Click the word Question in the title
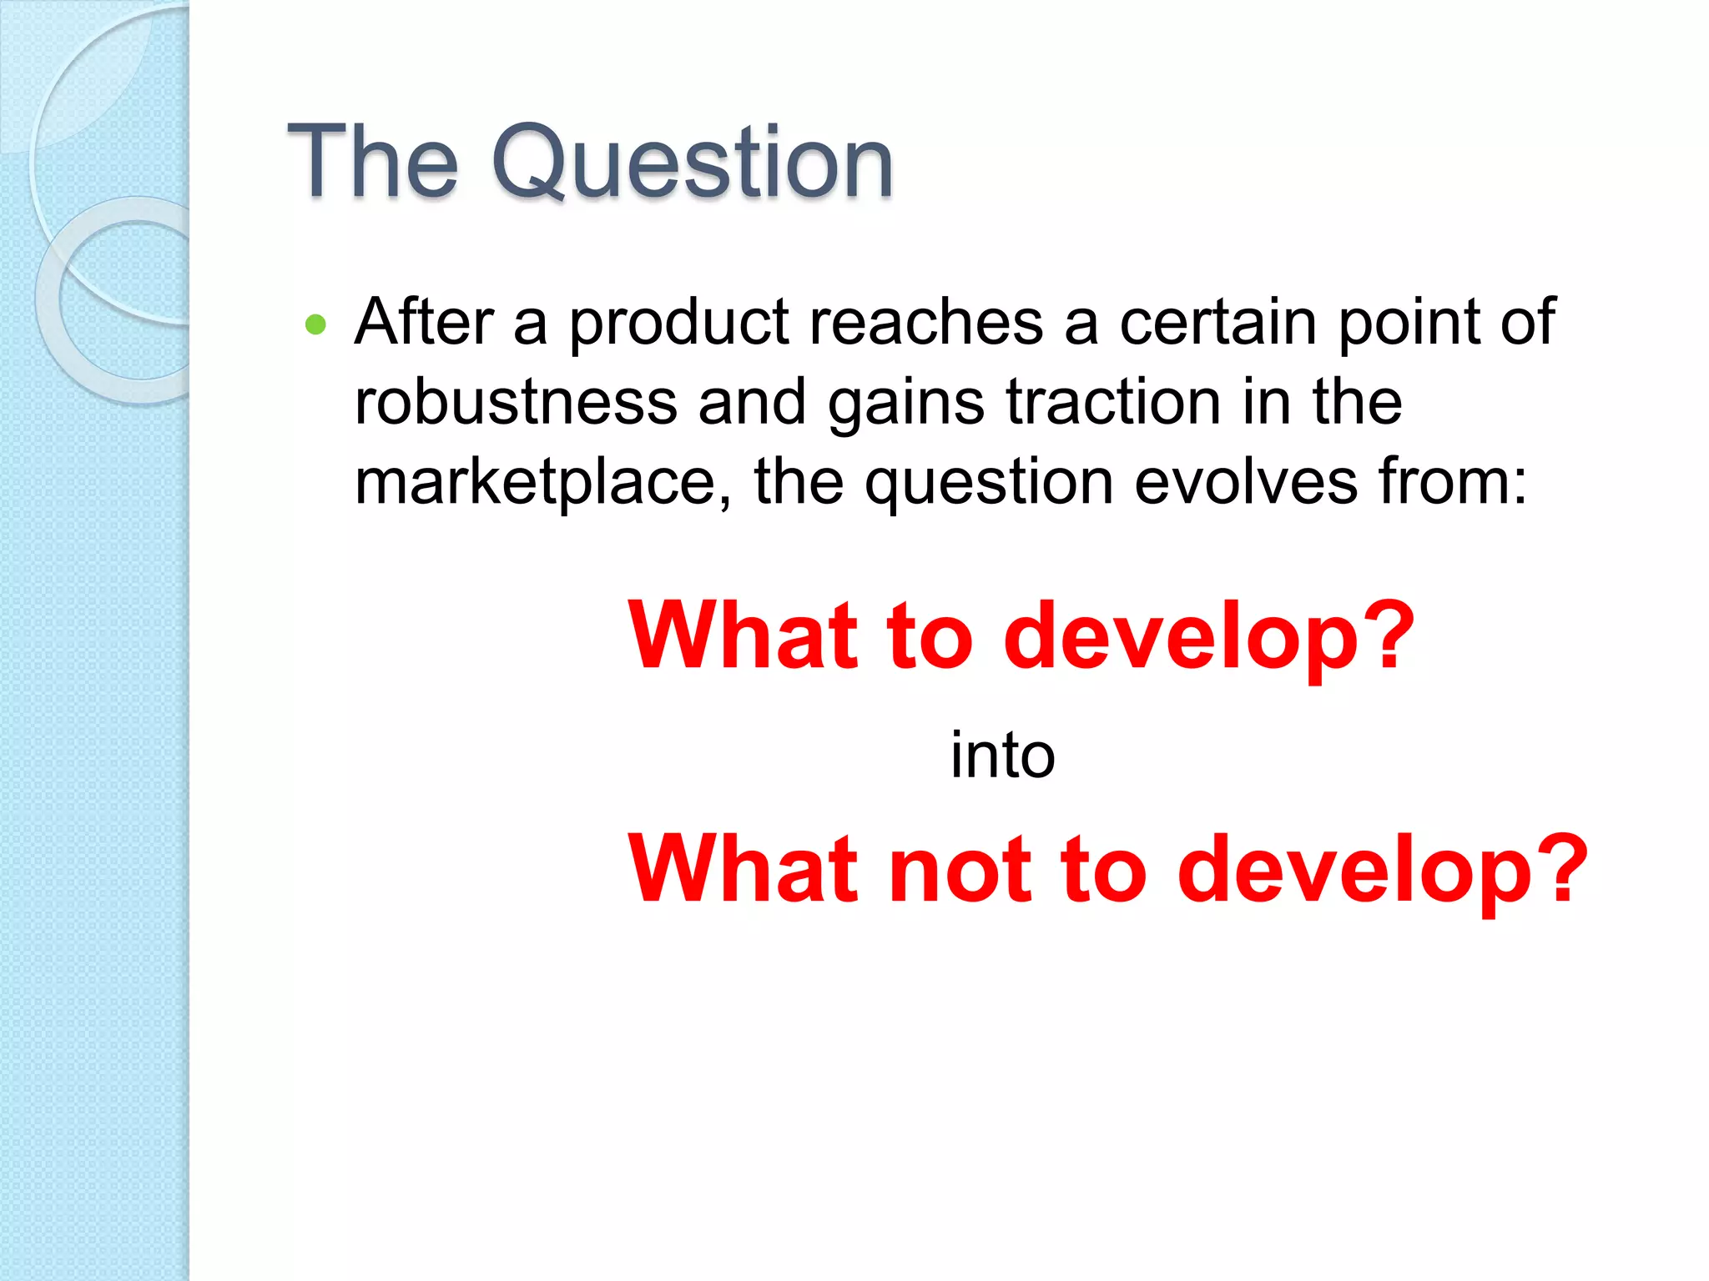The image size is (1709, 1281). [x=693, y=162]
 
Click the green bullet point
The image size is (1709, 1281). [x=315, y=324]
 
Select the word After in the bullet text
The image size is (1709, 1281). [x=424, y=322]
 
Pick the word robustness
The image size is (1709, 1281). [x=516, y=402]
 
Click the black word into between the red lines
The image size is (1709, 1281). [x=1002, y=755]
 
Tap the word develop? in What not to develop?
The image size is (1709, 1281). [x=1381, y=870]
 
